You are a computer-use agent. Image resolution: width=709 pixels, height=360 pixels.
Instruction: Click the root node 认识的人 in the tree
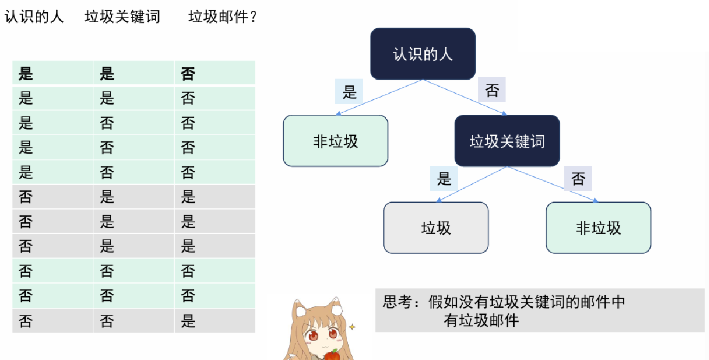click(x=423, y=54)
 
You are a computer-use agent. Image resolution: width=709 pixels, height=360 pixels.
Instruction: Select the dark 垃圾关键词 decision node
click(x=507, y=141)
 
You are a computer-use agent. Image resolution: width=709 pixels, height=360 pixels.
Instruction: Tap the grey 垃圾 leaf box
click(x=436, y=228)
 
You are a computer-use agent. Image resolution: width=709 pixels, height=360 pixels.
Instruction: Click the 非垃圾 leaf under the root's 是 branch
click(x=335, y=141)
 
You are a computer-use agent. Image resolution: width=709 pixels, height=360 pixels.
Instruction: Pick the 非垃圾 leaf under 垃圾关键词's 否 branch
click(x=598, y=228)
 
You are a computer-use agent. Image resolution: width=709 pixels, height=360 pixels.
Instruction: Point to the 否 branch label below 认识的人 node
click(x=491, y=90)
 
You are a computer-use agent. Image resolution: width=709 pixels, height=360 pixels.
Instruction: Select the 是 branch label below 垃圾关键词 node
click(x=444, y=178)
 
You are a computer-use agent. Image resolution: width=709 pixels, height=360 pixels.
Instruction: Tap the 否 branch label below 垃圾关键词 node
click(x=578, y=178)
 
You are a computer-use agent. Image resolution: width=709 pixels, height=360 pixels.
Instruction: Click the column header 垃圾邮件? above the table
click(x=222, y=17)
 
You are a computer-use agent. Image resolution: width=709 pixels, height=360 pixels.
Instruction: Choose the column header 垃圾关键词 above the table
click(x=123, y=17)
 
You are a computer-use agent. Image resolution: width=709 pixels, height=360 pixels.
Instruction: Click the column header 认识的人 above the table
click(x=34, y=17)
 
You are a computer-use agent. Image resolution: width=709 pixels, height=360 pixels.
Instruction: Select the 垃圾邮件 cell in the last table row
click(x=188, y=321)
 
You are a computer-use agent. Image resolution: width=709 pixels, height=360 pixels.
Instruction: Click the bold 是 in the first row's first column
click(x=26, y=73)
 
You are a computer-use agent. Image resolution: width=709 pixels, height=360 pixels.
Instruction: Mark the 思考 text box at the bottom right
click(x=539, y=310)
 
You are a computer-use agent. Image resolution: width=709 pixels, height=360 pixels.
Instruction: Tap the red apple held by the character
click(x=332, y=355)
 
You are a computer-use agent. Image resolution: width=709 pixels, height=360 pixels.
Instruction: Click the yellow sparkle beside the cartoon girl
click(x=352, y=327)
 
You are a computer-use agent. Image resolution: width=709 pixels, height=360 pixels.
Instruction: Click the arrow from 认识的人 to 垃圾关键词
click(x=465, y=98)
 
